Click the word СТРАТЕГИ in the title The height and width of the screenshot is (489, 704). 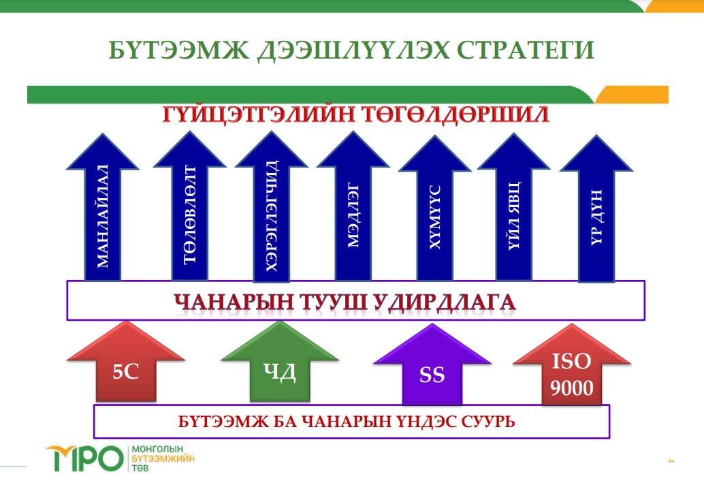click(526, 50)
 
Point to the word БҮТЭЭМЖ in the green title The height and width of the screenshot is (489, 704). click(178, 50)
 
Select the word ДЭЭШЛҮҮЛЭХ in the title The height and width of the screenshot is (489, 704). click(353, 50)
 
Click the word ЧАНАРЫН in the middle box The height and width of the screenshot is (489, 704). click(234, 302)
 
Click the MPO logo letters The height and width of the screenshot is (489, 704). click(84, 459)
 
